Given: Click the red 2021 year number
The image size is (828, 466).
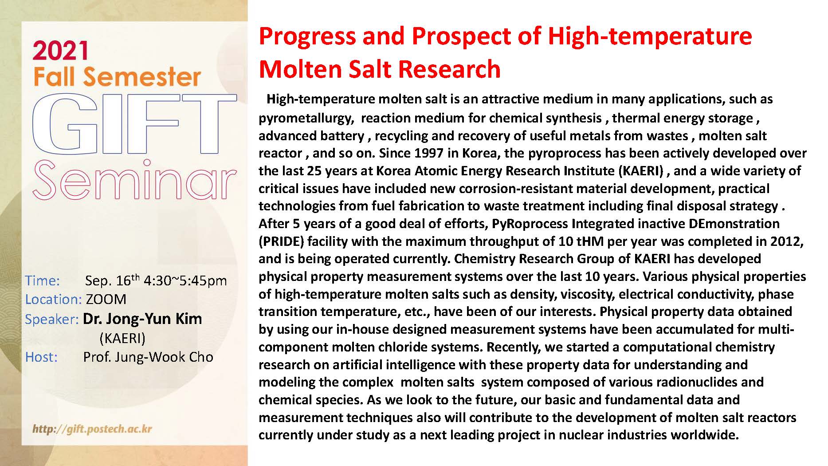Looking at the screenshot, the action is coord(60,51).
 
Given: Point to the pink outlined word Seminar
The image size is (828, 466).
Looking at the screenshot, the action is coord(134,180).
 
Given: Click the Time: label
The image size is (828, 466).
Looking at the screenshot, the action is coord(42,280).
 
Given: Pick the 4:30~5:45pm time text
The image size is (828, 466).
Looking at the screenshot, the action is coord(185,281).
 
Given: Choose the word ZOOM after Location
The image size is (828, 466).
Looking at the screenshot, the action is coord(106,299).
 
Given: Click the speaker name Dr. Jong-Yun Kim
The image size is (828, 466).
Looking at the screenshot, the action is coord(142,319).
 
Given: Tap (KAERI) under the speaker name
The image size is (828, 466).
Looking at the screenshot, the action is coord(122,339).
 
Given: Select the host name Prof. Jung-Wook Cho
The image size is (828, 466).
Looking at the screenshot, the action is coord(148,357).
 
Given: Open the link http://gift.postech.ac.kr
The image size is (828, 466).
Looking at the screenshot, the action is coord(92,429).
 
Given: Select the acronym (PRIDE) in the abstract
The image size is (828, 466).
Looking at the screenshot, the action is coord(281,241).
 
